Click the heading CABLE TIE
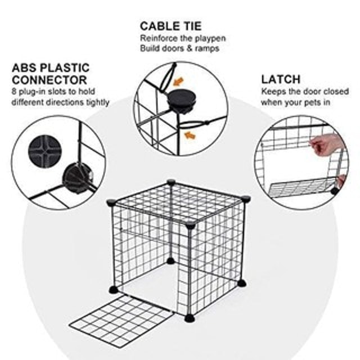(170, 26)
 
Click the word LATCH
(280, 79)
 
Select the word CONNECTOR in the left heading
(49, 80)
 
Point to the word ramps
(206, 48)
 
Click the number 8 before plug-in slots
(14, 92)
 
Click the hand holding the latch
(326, 145)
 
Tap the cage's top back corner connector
(171, 182)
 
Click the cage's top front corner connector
(190, 225)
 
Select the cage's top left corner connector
(111, 202)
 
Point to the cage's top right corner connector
(246, 198)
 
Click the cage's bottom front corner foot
(189, 318)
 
